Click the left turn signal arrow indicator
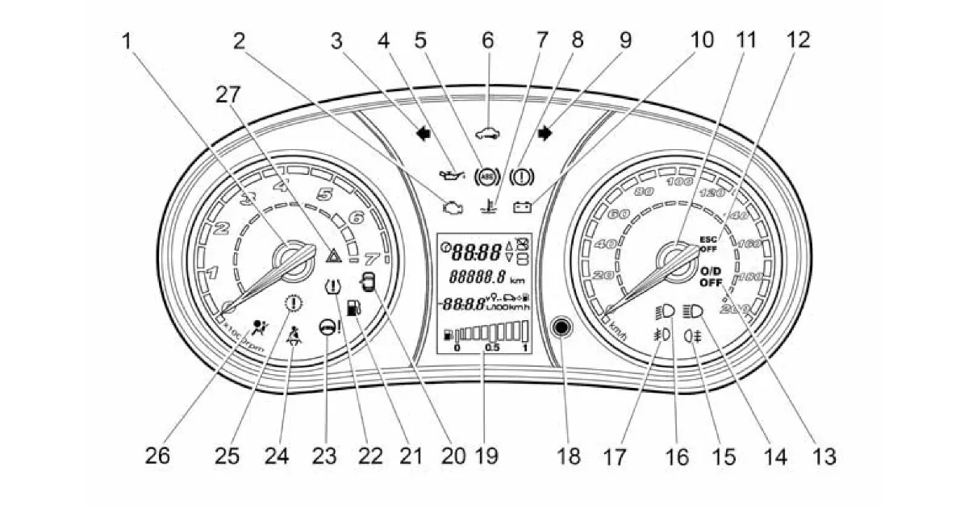420,135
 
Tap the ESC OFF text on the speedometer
708,244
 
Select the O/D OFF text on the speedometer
711,277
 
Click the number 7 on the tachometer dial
371,260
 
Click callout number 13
823,456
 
